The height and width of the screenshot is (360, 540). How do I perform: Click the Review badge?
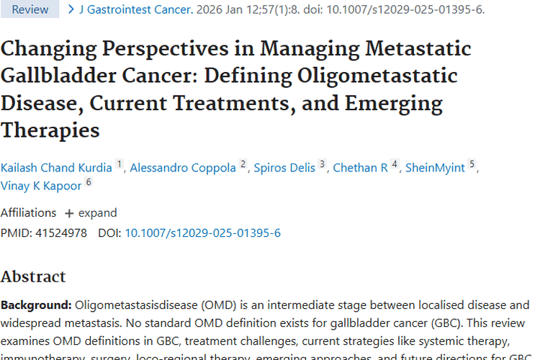(30, 9)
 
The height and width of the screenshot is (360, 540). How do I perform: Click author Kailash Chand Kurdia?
(56, 168)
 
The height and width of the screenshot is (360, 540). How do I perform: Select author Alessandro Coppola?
(184, 168)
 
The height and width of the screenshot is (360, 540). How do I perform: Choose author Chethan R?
(360, 168)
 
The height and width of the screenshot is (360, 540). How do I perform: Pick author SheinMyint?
(435, 168)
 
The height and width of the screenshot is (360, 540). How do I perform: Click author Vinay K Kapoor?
(41, 186)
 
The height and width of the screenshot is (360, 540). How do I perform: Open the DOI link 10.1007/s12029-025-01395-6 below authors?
(202, 233)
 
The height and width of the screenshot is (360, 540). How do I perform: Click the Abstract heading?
(33, 276)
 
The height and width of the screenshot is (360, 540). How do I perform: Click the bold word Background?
(35, 305)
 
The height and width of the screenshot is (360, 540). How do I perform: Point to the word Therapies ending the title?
(50, 130)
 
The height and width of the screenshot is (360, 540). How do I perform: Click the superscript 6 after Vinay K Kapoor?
(89, 183)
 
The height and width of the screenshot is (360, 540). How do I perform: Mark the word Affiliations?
(28, 213)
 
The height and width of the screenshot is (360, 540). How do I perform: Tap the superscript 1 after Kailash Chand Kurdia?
(120, 165)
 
